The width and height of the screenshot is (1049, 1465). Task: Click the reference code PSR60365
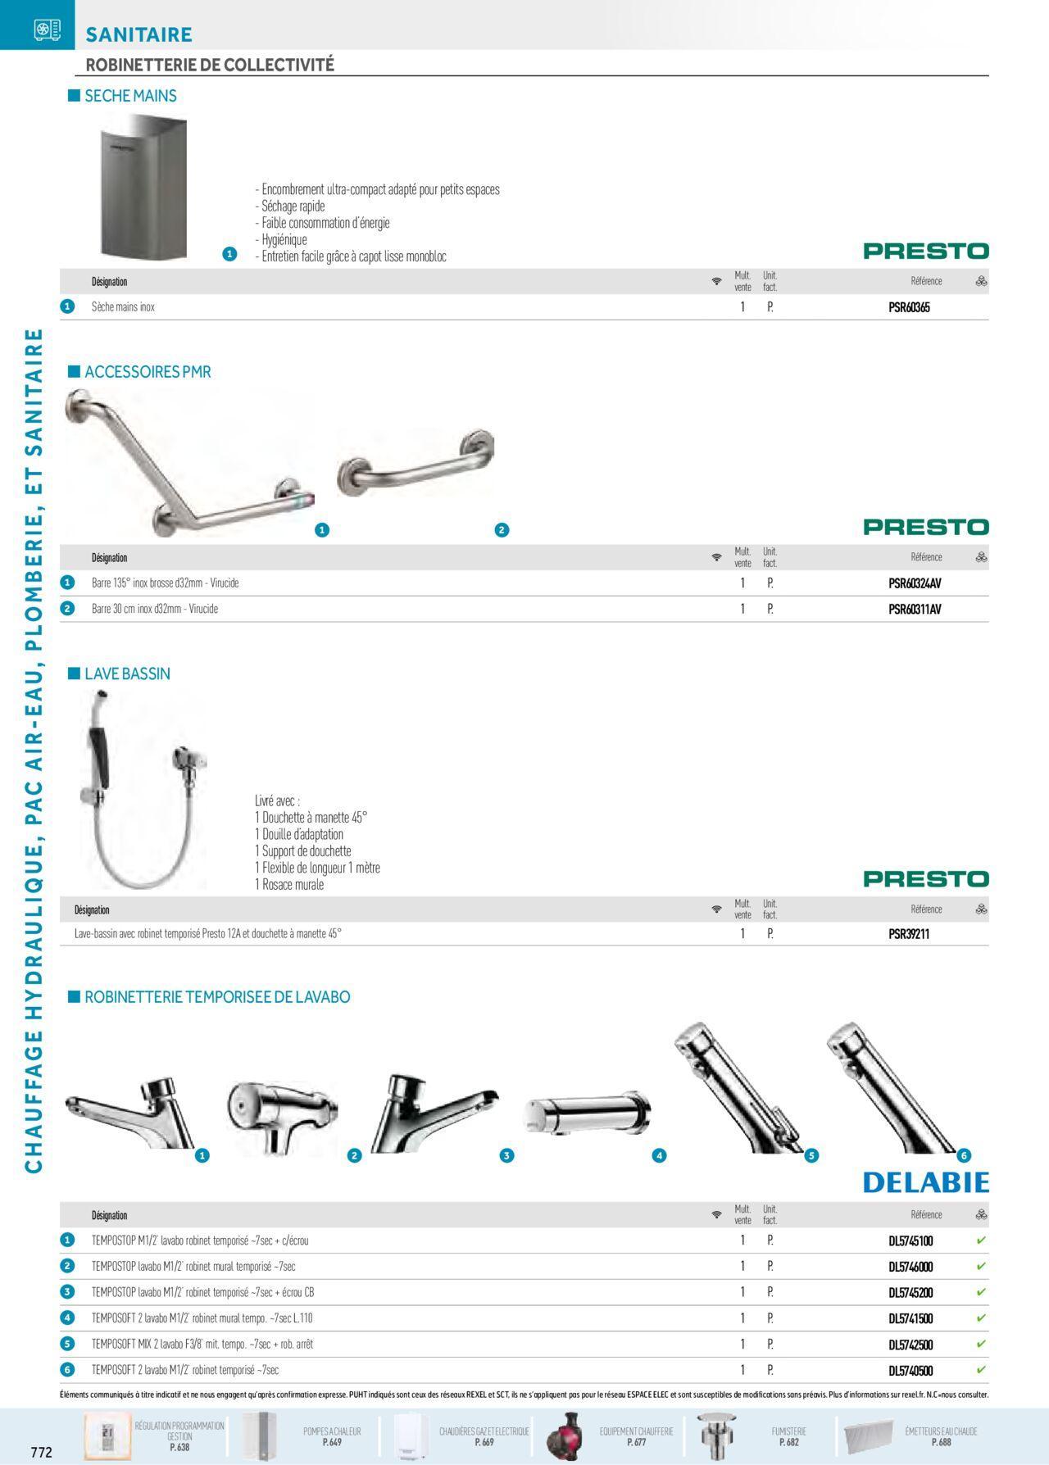coord(909,308)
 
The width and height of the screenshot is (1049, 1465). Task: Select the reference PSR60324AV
coord(915,584)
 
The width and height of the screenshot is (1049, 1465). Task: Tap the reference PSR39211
coord(909,934)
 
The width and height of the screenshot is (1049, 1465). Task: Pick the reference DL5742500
coord(910,1345)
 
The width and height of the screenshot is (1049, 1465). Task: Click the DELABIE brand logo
coord(925,1182)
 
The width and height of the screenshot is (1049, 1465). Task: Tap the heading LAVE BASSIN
coord(127,674)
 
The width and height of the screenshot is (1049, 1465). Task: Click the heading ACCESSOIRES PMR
coord(148,372)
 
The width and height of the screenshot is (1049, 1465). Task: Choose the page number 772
coord(41,1453)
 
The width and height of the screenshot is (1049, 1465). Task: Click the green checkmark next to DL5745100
coord(981,1240)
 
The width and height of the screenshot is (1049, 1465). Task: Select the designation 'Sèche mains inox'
coord(123,307)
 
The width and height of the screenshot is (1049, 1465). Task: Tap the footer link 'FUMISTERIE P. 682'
coord(788,1436)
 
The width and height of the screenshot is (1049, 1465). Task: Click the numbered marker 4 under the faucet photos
coord(659,1155)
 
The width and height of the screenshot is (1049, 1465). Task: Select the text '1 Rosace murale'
coord(288,885)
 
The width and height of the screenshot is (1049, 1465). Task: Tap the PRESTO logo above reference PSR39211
coord(925,879)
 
